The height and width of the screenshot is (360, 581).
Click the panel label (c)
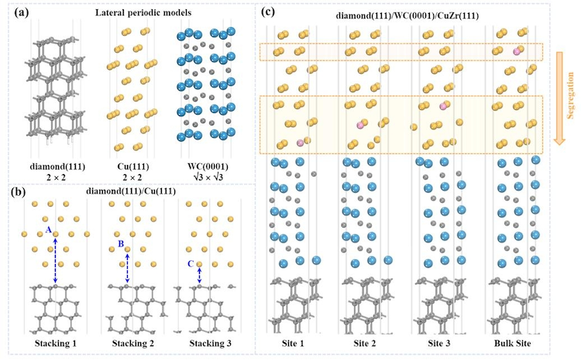click(x=268, y=12)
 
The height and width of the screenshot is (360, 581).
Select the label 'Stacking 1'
click(x=55, y=342)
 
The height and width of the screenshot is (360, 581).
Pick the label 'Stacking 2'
click(x=127, y=342)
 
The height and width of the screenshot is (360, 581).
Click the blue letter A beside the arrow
click(x=49, y=231)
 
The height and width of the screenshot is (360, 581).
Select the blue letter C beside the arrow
click(x=191, y=264)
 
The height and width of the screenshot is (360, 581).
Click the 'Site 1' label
click(x=292, y=342)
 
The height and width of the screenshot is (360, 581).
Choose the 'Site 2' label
click(x=366, y=342)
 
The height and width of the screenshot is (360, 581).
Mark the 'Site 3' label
click(x=439, y=342)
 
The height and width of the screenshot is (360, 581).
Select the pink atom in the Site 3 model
click(x=443, y=105)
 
